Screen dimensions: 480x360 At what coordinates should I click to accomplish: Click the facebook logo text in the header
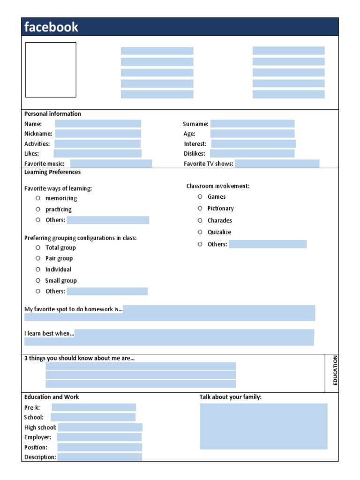click(52, 27)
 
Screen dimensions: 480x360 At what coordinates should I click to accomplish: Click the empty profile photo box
click(51, 70)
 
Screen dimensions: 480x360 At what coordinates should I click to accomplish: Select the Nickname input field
click(97, 134)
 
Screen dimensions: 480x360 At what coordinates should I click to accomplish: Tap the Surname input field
click(252, 124)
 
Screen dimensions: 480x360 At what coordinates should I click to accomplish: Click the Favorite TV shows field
click(277, 164)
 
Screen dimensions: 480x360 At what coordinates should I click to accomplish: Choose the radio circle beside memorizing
click(38, 198)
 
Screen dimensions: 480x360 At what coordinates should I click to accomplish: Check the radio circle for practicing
click(38, 209)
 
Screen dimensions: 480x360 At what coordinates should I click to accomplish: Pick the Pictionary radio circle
click(200, 208)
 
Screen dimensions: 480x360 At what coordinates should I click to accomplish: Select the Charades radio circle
click(200, 220)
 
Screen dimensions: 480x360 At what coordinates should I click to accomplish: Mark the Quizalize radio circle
click(200, 232)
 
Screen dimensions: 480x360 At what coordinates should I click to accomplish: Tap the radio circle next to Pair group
click(38, 258)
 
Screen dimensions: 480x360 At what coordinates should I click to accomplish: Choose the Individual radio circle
click(38, 269)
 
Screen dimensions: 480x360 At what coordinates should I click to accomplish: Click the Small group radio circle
click(38, 280)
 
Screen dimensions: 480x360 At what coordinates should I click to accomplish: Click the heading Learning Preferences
click(52, 172)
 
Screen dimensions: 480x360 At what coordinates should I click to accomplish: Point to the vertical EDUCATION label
click(335, 370)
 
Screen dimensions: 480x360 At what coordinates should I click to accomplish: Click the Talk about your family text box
click(263, 426)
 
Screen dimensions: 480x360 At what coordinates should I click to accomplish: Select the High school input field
click(100, 427)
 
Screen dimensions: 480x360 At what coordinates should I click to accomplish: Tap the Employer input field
click(99, 437)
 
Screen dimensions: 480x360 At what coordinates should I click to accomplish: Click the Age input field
click(252, 134)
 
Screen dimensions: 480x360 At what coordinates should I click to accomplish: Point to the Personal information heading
click(52, 114)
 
